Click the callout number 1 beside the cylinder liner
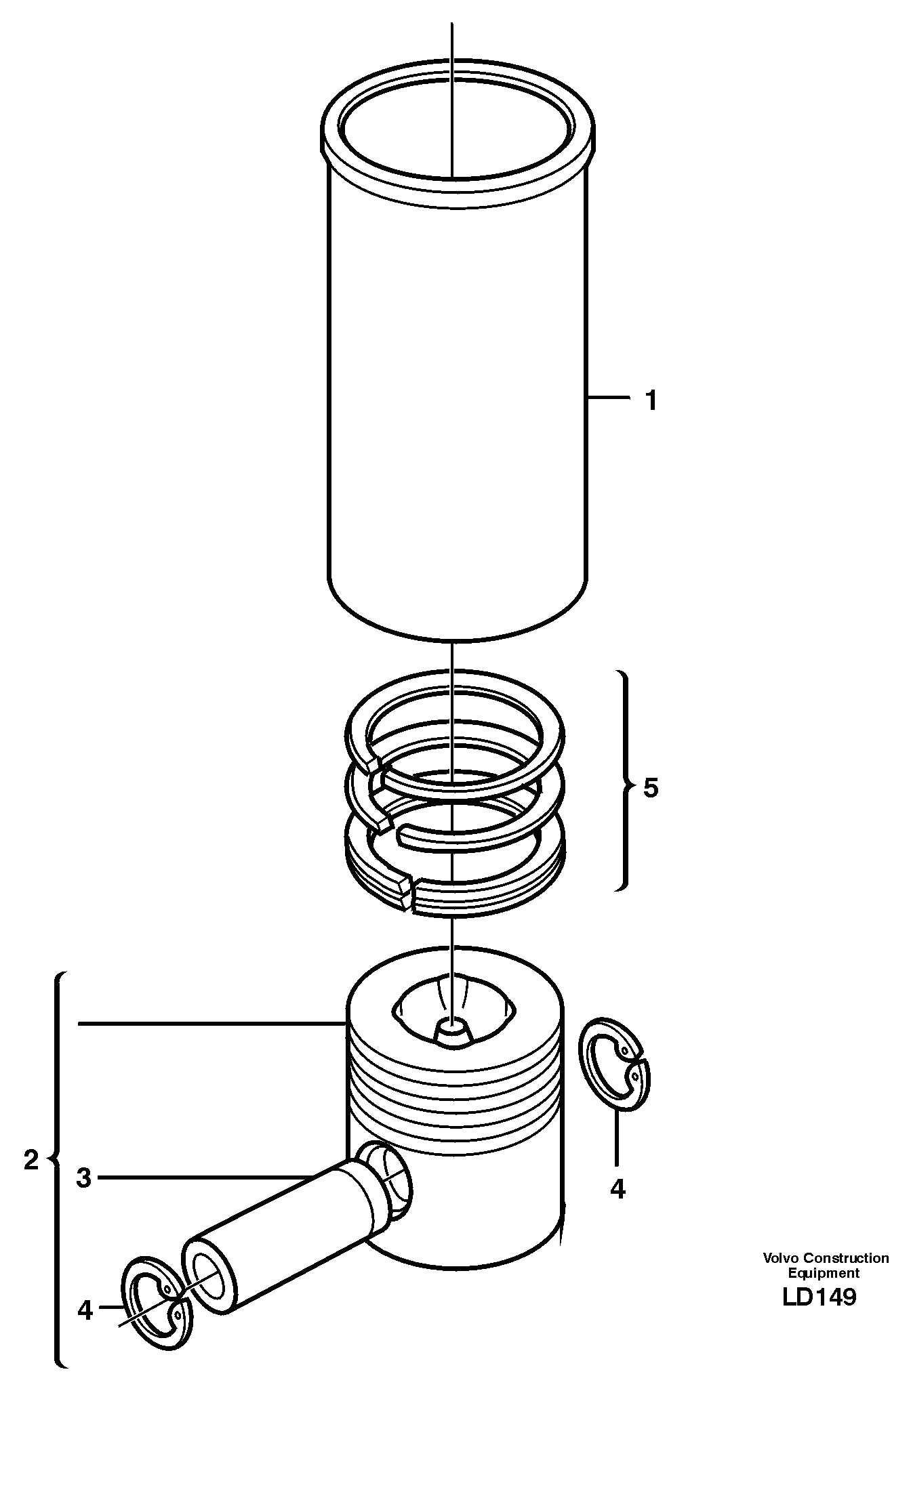click(x=651, y=401)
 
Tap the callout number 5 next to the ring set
click(x=651, y=788)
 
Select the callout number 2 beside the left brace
click(x=31, y=1161)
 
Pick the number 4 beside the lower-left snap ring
click(x=85, y=1311)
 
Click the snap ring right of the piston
click(x=615, y=1064)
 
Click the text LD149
click(x=819, y=1297)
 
